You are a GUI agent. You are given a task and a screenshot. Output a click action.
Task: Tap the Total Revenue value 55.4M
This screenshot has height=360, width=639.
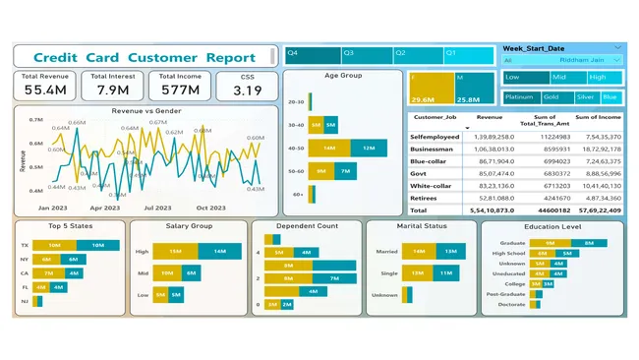(x=45, y=90)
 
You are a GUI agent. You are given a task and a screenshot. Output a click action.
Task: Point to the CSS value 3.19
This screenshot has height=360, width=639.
(x=248, y=91)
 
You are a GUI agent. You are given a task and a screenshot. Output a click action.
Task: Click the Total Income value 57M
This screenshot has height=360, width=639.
(x=180, y=90)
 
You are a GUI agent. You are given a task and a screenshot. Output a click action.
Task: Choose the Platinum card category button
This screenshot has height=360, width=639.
(x=519, y=97)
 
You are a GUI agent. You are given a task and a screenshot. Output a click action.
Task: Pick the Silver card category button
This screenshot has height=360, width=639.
(x=585, y=97)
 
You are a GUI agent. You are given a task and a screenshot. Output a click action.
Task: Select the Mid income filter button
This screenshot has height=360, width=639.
(x=561, y=77)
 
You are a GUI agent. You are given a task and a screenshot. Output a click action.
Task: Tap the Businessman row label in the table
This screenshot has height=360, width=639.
(x=433, y=149)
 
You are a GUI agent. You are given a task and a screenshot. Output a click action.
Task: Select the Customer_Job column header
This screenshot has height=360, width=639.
(x=433, y=118)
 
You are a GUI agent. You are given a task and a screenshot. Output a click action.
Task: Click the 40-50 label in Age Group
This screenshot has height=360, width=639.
(x=295, y=148)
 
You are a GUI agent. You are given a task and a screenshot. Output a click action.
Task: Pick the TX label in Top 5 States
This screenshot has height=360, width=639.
(x=25, y=245)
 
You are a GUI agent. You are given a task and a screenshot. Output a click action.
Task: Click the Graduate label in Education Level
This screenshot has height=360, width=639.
(x=512, y=242)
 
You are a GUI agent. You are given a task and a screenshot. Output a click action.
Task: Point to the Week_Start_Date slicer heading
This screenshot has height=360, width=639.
(x=534, y=48)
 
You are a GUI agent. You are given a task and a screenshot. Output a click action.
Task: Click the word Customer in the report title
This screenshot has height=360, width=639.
(x=163, y=58)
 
